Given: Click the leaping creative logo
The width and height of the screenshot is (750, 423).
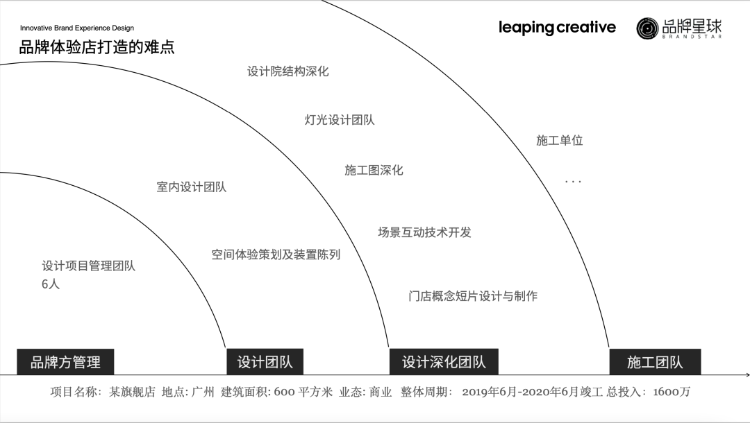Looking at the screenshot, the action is tap(557, 28).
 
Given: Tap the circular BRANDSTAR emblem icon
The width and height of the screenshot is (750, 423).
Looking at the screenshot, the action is tap(647, 28).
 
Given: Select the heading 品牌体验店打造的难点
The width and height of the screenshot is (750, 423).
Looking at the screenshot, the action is tap(97, 48).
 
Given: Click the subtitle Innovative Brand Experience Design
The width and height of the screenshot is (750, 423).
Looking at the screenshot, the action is tap(77, 28).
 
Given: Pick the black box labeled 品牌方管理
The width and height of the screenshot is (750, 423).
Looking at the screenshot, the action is tap(65, 362).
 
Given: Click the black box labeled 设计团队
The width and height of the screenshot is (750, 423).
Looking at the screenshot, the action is tap(265, 362).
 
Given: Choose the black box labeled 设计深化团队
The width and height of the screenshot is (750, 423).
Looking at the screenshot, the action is tap(444, 362).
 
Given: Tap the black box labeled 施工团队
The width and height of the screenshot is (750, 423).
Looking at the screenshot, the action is tap(655, 362).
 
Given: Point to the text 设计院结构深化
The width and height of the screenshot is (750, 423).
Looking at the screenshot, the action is tap(287, 71).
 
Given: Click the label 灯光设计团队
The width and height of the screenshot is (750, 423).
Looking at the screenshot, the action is tap(340, 120).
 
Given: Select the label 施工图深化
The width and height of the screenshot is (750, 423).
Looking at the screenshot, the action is tap(374, 171).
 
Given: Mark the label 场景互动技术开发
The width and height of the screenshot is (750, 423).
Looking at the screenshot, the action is tap(424, 232).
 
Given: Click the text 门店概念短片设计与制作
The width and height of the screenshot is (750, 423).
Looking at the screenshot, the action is tap(473, 296).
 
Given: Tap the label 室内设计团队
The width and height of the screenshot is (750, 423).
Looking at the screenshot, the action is tap(191, 187).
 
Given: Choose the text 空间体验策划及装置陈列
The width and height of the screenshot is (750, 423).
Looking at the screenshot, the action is tap(276, 254).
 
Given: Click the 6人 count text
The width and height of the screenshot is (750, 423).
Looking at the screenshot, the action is tap(51, 284).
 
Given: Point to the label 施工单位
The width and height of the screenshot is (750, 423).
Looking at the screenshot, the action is tap(559, 141).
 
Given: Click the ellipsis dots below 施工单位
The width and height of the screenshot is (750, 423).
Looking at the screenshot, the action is tap(573, 182).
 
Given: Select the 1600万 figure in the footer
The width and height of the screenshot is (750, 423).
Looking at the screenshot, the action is tap(672, 392).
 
